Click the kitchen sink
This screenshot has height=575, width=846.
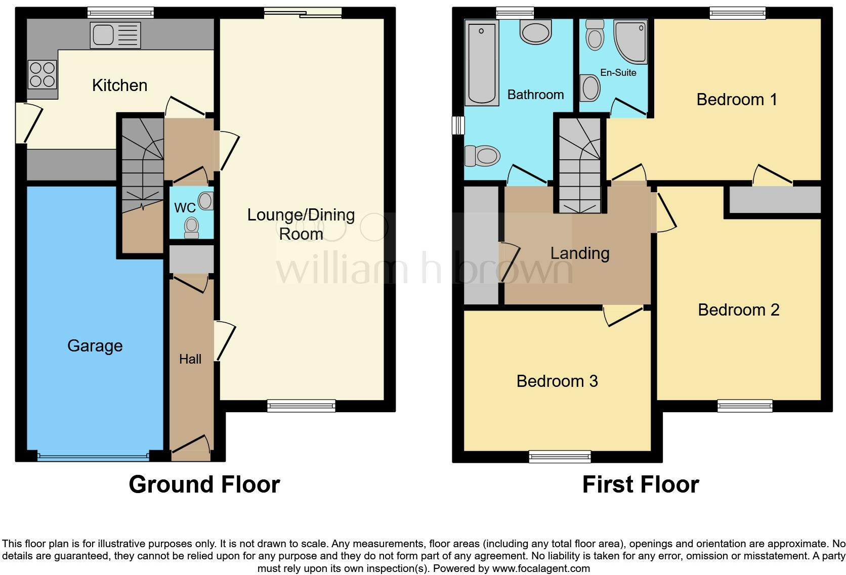tap(115, 35)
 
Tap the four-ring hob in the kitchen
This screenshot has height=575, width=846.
tap(42, 74)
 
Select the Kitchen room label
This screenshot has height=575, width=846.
tap(119, 85)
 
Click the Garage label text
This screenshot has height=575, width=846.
tap(95, 346)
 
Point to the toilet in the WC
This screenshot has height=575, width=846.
tap(191, 227)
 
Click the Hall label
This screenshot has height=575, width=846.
tap(190, 359)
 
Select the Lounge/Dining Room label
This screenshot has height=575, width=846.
tap(301, 224)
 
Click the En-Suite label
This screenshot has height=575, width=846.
tap(618, 73)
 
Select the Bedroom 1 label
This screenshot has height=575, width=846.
tap(736, 100)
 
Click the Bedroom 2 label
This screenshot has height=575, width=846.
tap(738, 310)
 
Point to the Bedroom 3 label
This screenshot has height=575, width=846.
tap(557, 381)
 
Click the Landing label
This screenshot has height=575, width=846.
tap(579, 253)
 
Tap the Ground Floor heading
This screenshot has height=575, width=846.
tap(204, 484)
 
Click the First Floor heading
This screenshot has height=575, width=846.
tap(640, 484)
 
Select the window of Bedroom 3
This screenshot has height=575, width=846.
tap(560, 457)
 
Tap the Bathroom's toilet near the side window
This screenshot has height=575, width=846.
tap(482, 155)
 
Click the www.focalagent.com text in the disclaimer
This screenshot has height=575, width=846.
tap(541, 568)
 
